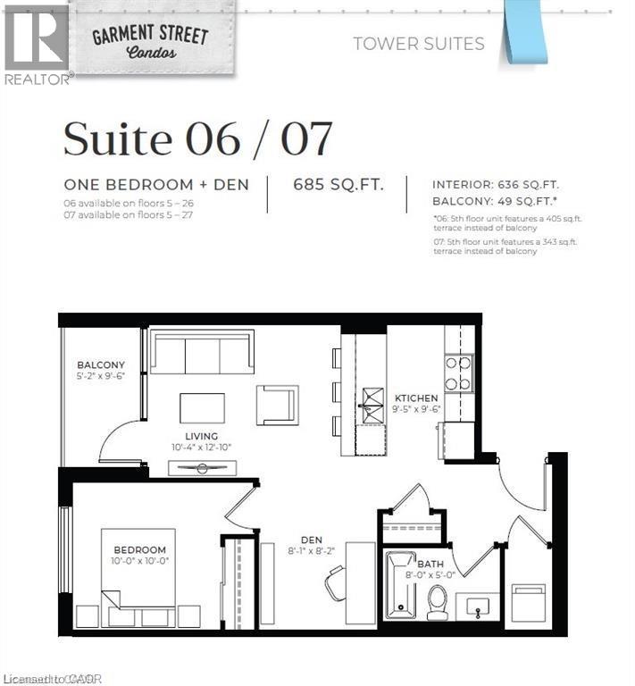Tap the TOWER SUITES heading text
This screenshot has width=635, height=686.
418,44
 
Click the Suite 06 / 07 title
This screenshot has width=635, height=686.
197,139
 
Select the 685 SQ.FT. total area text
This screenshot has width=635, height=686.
338,185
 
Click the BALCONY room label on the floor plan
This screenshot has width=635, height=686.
100,365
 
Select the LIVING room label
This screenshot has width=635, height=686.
202,436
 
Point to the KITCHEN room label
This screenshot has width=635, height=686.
417,397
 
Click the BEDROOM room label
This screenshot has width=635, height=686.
138,549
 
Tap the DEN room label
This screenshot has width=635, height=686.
310,540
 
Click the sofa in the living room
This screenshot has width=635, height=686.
202,352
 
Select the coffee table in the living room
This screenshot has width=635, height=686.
202,408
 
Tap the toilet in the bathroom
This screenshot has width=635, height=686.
438,601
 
